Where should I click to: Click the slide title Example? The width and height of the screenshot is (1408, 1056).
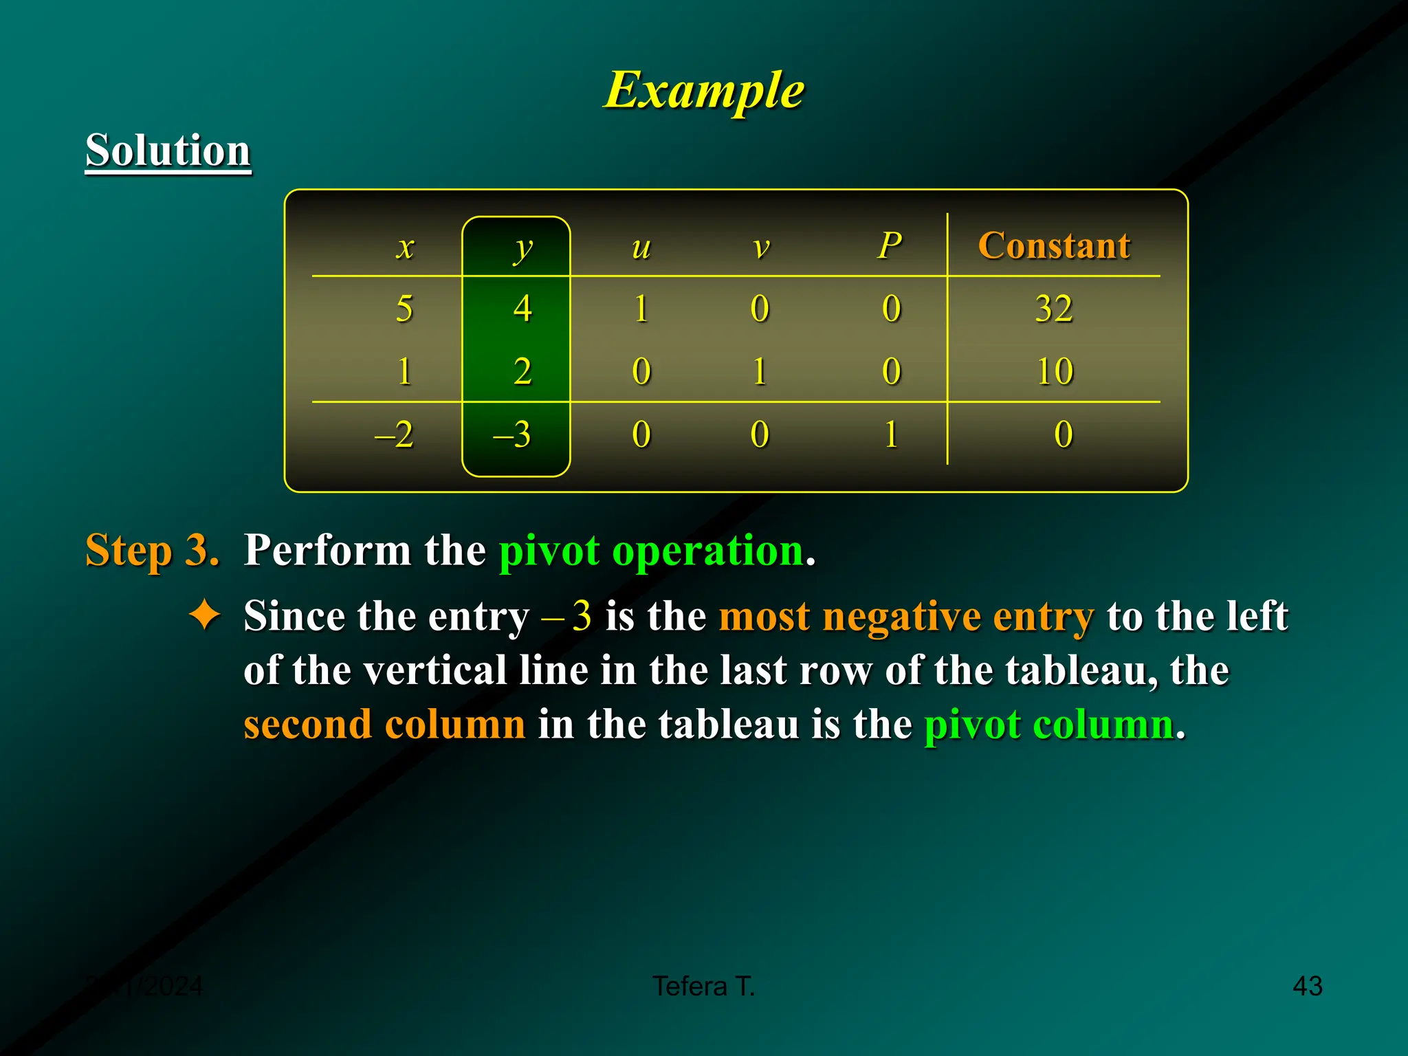704,90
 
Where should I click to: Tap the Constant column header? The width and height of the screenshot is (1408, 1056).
1054,245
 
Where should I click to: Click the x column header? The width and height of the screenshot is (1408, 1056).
406,247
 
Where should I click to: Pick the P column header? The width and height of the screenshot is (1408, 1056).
890,245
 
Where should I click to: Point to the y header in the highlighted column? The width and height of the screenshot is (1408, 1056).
522,248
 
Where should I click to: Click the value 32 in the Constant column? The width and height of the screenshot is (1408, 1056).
1054,309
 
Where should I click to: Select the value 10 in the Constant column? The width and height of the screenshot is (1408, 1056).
1055,372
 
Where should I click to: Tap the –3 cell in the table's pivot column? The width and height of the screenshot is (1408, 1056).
513,434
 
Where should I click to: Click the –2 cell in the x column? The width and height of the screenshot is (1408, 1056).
395,434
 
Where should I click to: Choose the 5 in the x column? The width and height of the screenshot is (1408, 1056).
404,309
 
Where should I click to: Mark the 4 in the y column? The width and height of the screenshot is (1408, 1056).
522,309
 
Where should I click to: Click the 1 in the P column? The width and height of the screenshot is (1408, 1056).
891,434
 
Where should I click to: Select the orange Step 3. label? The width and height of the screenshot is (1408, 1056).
152,550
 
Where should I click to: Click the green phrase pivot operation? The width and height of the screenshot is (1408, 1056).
651,550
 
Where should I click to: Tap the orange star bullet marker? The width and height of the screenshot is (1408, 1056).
205,614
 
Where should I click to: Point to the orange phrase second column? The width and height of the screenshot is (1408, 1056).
384,724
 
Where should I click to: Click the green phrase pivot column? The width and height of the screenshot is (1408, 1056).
1048,724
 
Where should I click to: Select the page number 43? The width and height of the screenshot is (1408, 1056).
1307,986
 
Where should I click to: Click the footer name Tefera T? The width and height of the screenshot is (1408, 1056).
703,986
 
